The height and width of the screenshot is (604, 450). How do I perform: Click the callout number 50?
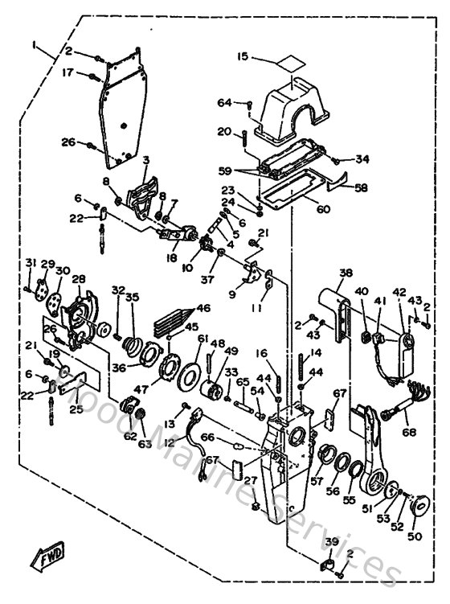coord(415,535)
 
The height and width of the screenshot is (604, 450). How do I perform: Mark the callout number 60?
coord(323,210)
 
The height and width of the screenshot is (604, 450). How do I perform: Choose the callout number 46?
coord(203,307)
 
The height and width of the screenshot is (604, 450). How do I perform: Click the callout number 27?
coord(251,480)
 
